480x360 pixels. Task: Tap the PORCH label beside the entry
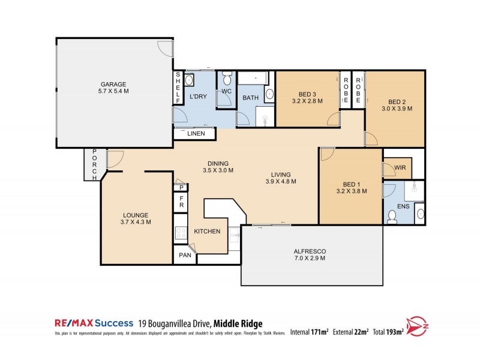click(94, 164)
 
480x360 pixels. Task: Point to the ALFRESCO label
click(309, 254)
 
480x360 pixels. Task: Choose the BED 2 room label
click(397, 105)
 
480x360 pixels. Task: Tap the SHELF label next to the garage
click(178, 87)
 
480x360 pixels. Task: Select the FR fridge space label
click(181, 202)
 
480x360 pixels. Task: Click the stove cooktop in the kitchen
click(181, 233)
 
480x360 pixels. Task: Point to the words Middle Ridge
click(238, 323)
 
